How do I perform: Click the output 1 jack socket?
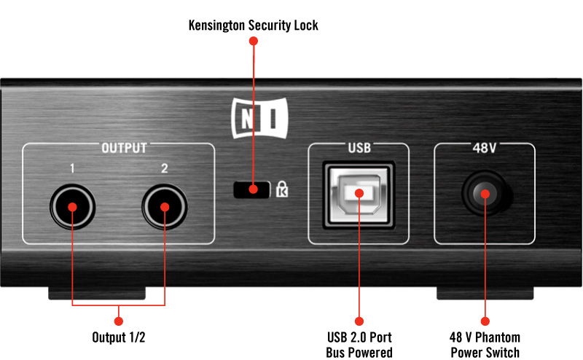tap(72, 207)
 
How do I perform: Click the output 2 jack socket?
tap(165, 207)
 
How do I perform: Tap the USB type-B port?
tap(359, 195)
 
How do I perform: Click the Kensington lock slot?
tap(251, 189)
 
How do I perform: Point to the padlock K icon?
tap(282, 189)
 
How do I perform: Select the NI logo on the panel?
tap(259, 118)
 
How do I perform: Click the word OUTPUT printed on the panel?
tap(124, 148)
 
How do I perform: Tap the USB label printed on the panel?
tap(359, 148)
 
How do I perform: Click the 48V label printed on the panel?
tap(484, 148)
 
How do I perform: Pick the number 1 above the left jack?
tap(72, 168)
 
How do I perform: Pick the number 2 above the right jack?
tap(165, 168)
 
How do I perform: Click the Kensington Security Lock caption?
tap(253, 26)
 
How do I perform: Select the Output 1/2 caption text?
tap(119, 337)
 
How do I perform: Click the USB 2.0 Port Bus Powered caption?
tap(359, 345)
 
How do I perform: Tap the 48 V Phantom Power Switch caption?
tap(485, 345)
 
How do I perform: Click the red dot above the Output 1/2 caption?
tap(119, 321)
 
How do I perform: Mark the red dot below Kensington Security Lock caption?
tap(253, 41)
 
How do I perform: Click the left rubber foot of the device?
tap(97, 293)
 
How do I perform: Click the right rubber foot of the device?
tap(485, 293)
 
